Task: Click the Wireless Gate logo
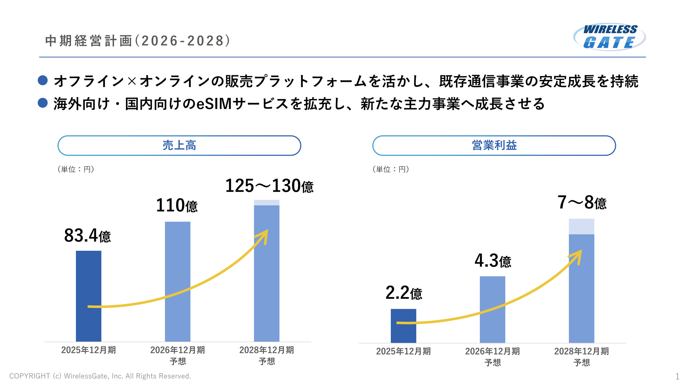click(610, 37)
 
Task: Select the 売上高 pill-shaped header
click(179, 145)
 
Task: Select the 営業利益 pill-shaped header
click(494, 145)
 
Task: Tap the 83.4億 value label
click(88, 236)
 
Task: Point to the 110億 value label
click(177, 206)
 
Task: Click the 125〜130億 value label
click(269, 186)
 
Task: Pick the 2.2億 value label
click(404, 293)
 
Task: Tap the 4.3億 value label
click(493, 261)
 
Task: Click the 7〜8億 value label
click(582, 203)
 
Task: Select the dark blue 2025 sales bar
click(88, 281)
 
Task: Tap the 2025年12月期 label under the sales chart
click(88, 350)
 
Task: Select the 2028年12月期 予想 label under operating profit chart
click(582, 357)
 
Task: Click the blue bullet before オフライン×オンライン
click(43, 80)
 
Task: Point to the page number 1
click(677, 376)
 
